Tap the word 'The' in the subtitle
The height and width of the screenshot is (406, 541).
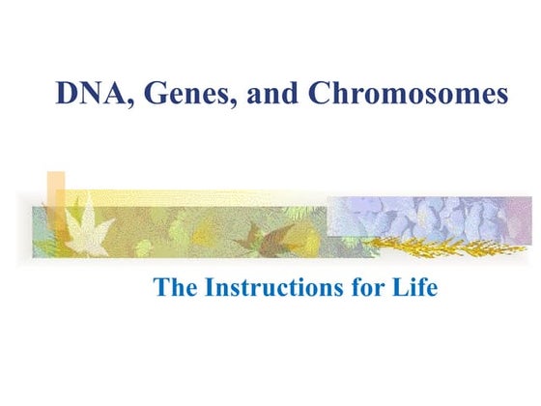coord(175,288)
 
